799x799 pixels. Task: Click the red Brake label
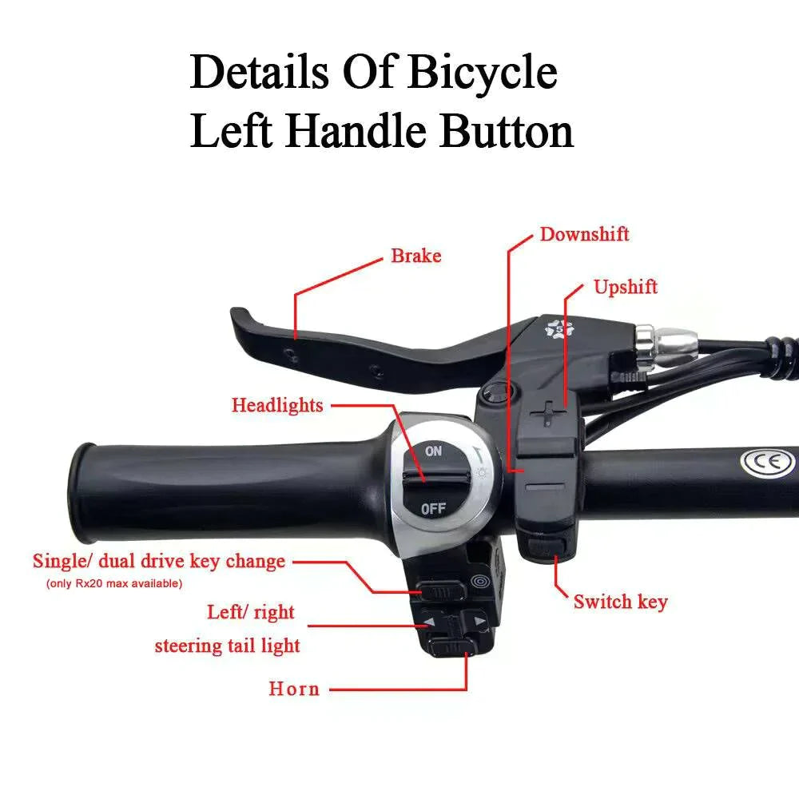[415, 256]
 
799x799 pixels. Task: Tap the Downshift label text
[584, 234]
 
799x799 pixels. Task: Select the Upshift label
[626, 287]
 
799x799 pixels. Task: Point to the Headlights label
[277, 405]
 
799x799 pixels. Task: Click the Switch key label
[620, 602]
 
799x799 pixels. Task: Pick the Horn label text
[294, 689]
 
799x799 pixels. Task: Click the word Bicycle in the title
[482, 74]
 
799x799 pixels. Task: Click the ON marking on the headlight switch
[433, 451]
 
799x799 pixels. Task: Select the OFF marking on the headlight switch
[433, 508]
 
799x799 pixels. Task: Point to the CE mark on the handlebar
[767, 462]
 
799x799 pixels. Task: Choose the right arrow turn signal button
[479, 621]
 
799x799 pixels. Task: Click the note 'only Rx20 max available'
[114, 583]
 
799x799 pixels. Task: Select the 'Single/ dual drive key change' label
[158, 561]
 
